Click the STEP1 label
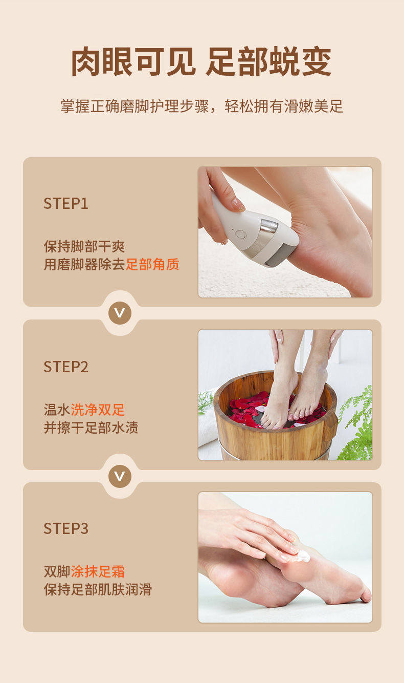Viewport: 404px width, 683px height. pos(66,203)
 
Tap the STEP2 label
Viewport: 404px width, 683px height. pos(66,367)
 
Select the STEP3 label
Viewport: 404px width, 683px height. pos(66,528)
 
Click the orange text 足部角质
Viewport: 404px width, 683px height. pos(152,264)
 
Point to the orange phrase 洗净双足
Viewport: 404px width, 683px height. pos(98,409)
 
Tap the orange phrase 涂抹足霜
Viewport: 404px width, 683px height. pos(98,571)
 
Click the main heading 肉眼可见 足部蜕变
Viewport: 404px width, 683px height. pos(201,61)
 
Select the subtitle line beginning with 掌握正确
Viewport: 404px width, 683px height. pos(201,106)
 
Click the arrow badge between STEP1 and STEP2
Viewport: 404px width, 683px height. pos(120,313)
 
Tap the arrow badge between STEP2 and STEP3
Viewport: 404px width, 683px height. pos(120,476)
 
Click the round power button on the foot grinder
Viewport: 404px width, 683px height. pos(240,234)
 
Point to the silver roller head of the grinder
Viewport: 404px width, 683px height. pos(269,226)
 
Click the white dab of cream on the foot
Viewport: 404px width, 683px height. pos(301,556)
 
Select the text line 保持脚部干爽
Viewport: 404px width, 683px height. pos(84,246)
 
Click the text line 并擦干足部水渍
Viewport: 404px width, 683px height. pos(91,427)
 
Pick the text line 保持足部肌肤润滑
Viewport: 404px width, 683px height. pos(98,589)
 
